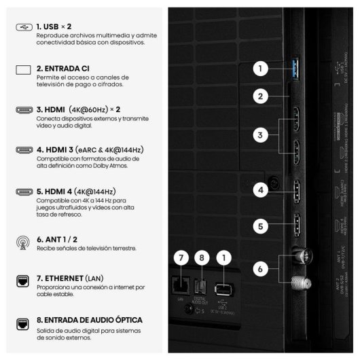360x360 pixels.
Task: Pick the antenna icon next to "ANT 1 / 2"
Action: tap(22, 241)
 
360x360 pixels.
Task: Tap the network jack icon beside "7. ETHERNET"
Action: tap(22, 280)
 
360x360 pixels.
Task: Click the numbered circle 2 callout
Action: tap(259, 96)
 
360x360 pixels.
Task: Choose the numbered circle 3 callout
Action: tap(259, 136)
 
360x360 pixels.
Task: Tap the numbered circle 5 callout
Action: tap(259, 226)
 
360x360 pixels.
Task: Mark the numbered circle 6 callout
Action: tap(259, 269)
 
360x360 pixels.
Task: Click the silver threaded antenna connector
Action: tap(298, 282)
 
